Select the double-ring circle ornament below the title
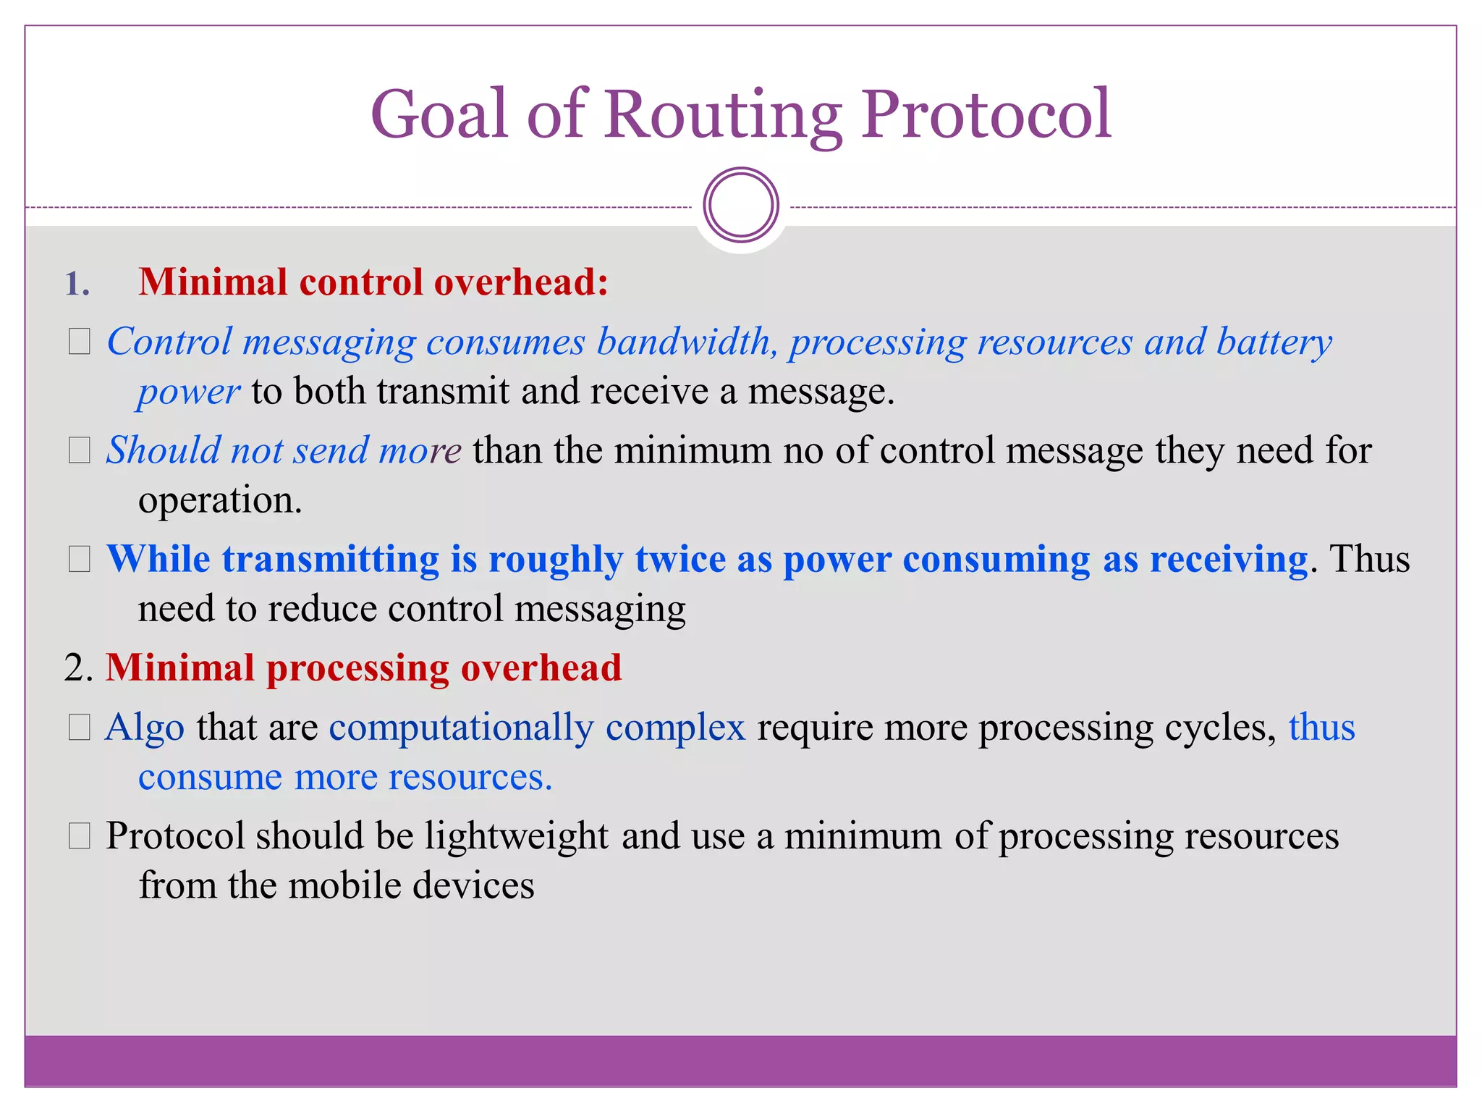pyautogui.click(x=740, y=205)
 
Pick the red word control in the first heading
pyautogui.click(x=360, y=282)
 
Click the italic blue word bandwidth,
pyautogui.click(x=687, y=342)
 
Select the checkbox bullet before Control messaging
pyautogui.click(x=80, y=342)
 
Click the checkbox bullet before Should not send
pyautogui.click(x=80, y=450)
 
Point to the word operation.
pyautogui.click(x=220, y=501)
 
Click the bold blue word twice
pyautogui.click(x=679, y=560)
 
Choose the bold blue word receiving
pyautogui.click(x=1228, y=560)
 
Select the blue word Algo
pyautogui.click(x=145, y=728)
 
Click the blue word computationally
pyautogui.click(x=460, y=728)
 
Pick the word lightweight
pyautogui.click(x=516, y=837)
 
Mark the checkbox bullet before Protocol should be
pyautogui.click(x=80, y=836)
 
